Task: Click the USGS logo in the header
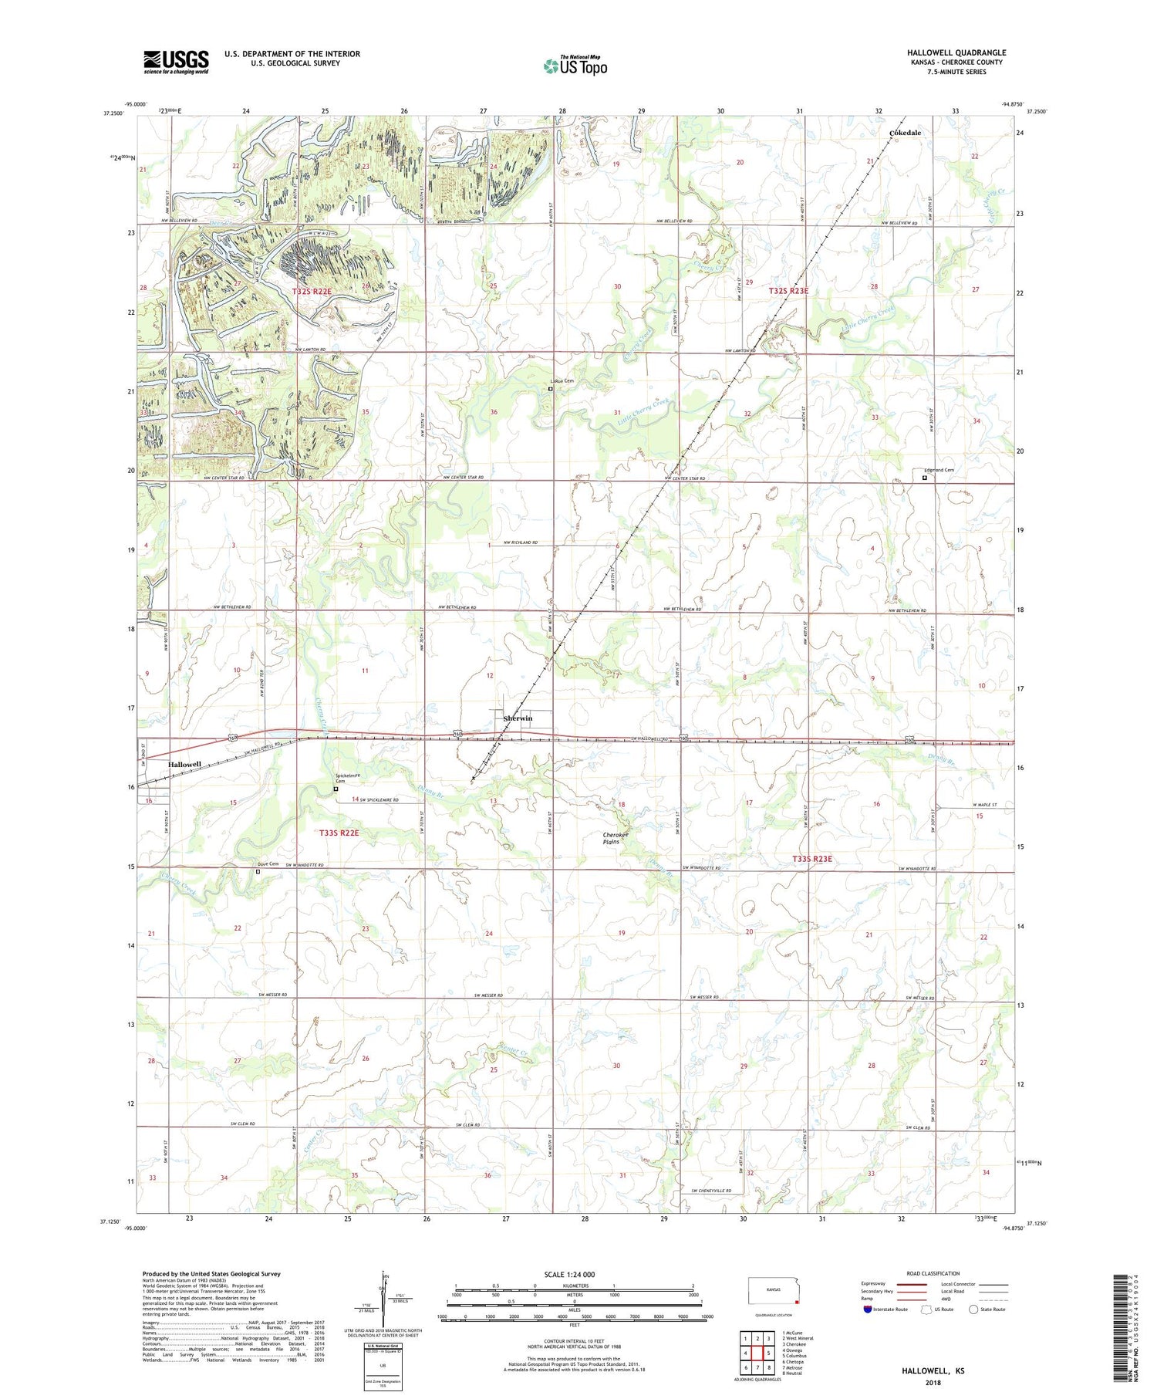tap(176, 61)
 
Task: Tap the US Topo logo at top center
tap(575, 66)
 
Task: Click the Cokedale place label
tap(905, 133)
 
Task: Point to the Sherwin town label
tap(518, 718)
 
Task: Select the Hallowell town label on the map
tap(184, 764)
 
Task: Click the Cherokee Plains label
tap(616, 838)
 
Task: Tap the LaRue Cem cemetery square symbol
tap(550, 389)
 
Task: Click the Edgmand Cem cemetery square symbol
tap(925, 478)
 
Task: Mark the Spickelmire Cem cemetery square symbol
tap(336, 789)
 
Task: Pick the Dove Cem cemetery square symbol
tap(258, 871)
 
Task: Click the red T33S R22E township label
tap(339, 833)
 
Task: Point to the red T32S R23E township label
tap(788, 291)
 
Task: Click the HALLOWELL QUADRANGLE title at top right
tap(956, 52)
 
